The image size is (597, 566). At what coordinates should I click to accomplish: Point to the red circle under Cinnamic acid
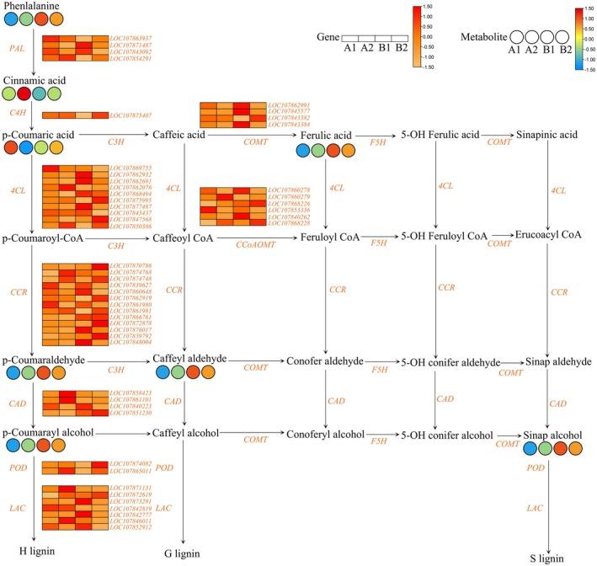coord(26,93)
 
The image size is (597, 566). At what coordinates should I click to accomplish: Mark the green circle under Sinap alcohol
coord(546,448)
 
